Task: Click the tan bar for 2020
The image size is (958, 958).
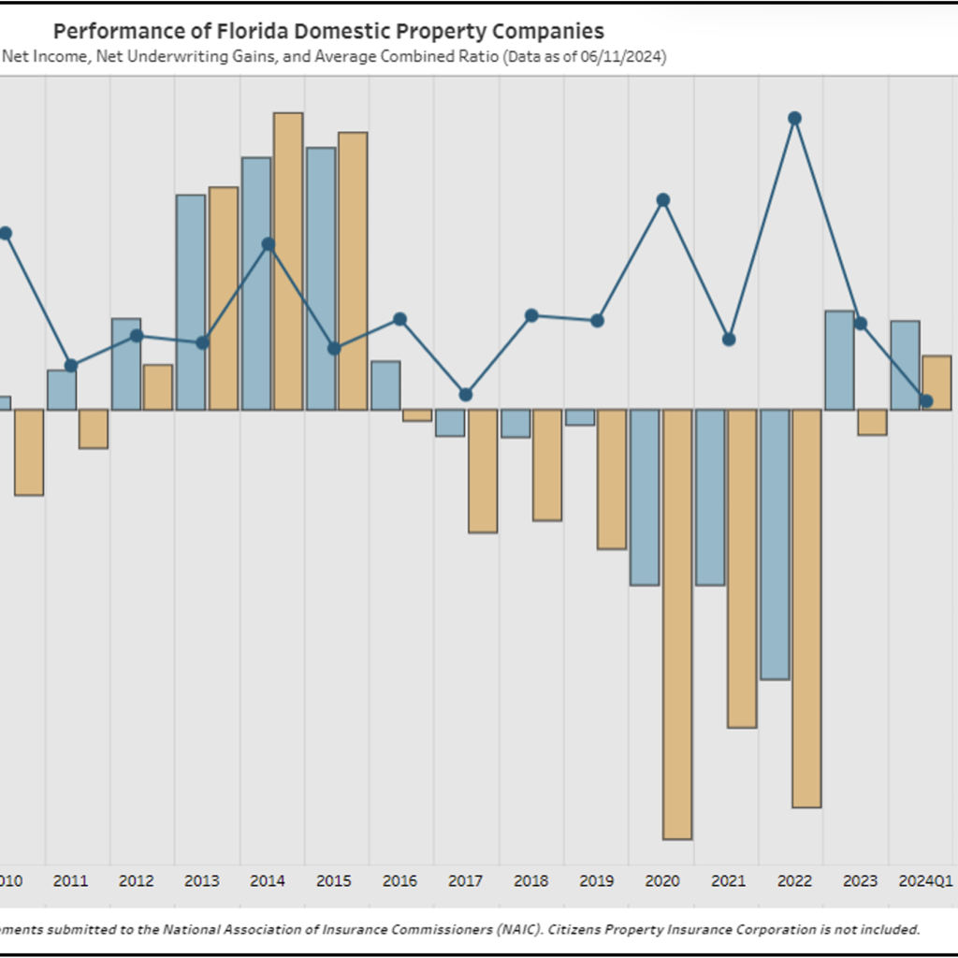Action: (677, 623)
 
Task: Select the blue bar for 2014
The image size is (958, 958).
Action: (256, 283)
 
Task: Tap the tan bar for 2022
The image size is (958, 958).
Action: (806, 607)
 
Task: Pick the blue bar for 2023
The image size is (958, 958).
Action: (839, 359)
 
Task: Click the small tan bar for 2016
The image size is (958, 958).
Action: (417, 414)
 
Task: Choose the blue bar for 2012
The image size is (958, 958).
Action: (126, 363)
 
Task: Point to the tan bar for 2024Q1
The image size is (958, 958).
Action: (936, 382)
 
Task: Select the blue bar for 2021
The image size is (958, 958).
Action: (709, 497)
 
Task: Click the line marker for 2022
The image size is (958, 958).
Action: (794, 118)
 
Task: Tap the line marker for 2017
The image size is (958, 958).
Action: (466, 395)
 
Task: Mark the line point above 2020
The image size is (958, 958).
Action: (663, 199)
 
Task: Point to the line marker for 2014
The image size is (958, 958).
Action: (269, 244)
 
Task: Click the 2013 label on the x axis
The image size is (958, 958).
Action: (202, 881)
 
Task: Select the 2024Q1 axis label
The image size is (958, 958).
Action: (925, 881)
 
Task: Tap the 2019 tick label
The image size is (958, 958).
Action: (597, 881)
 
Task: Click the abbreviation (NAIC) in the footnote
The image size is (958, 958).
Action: (518, 929)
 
